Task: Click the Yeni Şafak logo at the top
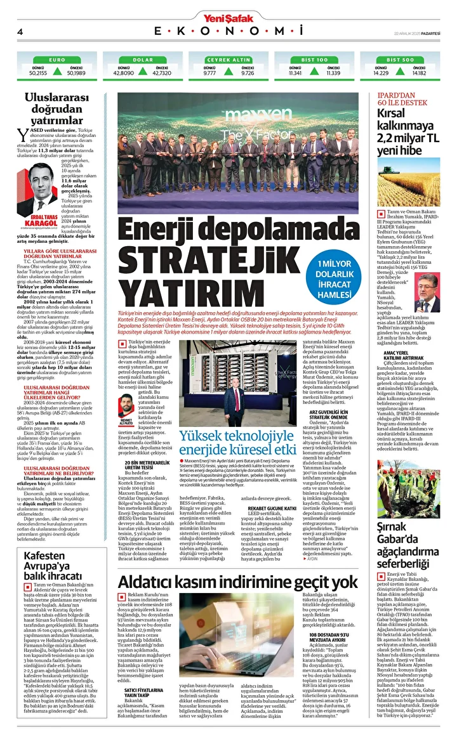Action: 228,17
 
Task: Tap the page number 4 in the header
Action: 20,32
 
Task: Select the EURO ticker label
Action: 57,59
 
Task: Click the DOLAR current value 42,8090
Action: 124,73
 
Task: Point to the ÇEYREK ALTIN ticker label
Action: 228,59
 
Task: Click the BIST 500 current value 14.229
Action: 381,73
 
